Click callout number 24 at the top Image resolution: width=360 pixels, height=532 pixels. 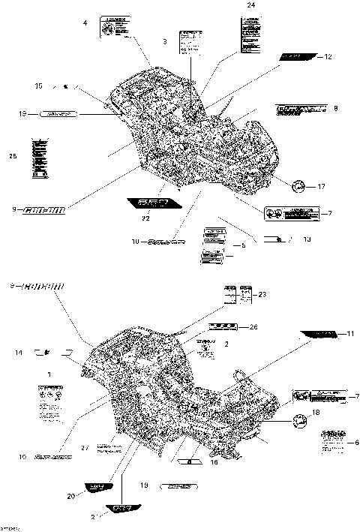click(x=250, y=5)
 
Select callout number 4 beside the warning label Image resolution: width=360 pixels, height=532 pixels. click(x=85, y=24)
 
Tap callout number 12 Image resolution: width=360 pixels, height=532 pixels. click(x=328, y=57)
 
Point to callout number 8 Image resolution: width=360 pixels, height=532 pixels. click(x=335, y=109)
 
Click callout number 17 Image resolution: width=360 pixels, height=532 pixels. click(x=321, y=186)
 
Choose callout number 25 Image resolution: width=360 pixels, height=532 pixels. click(x=13, y=155)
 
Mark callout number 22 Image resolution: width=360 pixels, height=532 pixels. click(x=145, y=218)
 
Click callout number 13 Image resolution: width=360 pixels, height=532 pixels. click(x=307, y=239)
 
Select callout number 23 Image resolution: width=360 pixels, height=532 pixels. click(x=262, y=294)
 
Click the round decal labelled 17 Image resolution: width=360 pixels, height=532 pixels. click(x=299, y=186)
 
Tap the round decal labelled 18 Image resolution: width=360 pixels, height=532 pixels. click(x=299, y=422)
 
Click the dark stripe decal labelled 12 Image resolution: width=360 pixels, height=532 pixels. click(x=297, y=57)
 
